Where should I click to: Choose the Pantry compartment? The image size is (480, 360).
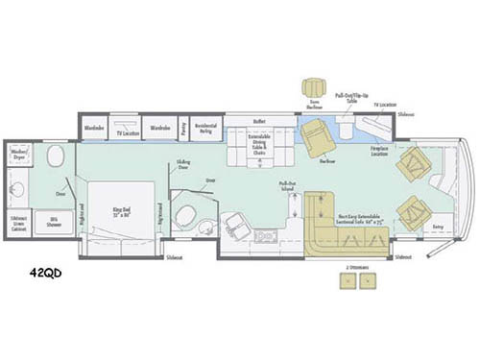point(182,126)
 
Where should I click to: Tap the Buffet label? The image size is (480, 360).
point(258,122)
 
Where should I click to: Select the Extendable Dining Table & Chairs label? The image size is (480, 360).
point(258,147)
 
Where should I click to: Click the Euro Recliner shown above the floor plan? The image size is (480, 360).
point(314,85)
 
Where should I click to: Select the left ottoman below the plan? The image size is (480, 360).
point(347,280)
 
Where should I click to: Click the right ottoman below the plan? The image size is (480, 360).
point(368,280)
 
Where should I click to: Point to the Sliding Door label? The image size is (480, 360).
point(183,165)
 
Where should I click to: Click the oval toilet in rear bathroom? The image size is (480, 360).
point(54,156)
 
